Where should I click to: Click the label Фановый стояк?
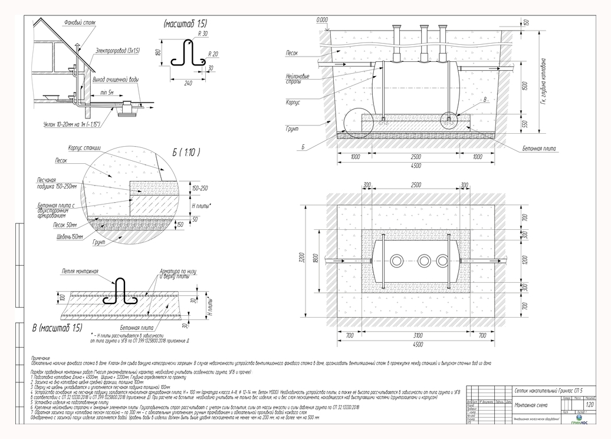pyautogui.click(x=80, y=22)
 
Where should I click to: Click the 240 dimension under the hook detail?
pyautogui.click(x=188, y=82)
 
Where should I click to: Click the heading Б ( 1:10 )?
pyautogui.click(x=186, y=153)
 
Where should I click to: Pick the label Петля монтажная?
pyautogui.click(x=79, y=271)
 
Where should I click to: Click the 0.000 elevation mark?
pyautogui.click(x=322, y=20)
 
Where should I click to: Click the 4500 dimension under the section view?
pyautogui.click(x=418, y=164)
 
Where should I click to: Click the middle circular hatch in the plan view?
pyautogui.click(x=424, y=260)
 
